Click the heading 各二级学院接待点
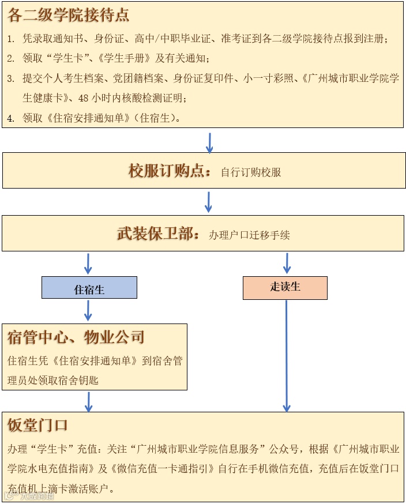click(x=68, y=16)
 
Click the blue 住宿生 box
click(x=89, y=288)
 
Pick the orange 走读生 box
click(x=285, y=287)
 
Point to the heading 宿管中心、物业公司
click(x=76, y=337)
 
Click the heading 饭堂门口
click(x=38, y=426)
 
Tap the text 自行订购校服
click(x=251, y=172)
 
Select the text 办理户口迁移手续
click(x=249, y=235)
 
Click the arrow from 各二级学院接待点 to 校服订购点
click(x=209, y=142)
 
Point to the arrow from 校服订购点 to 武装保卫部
click(x=209, y=201)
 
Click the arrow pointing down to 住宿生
click(x=88, y=263)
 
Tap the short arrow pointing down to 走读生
click(x=287, y=263)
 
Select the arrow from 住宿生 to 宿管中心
click(x=88, y=310)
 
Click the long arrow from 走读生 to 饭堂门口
click(x=287, y=355)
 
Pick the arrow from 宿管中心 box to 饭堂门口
click(x=88, y=401)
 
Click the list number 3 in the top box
click(x=10, y=79)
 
